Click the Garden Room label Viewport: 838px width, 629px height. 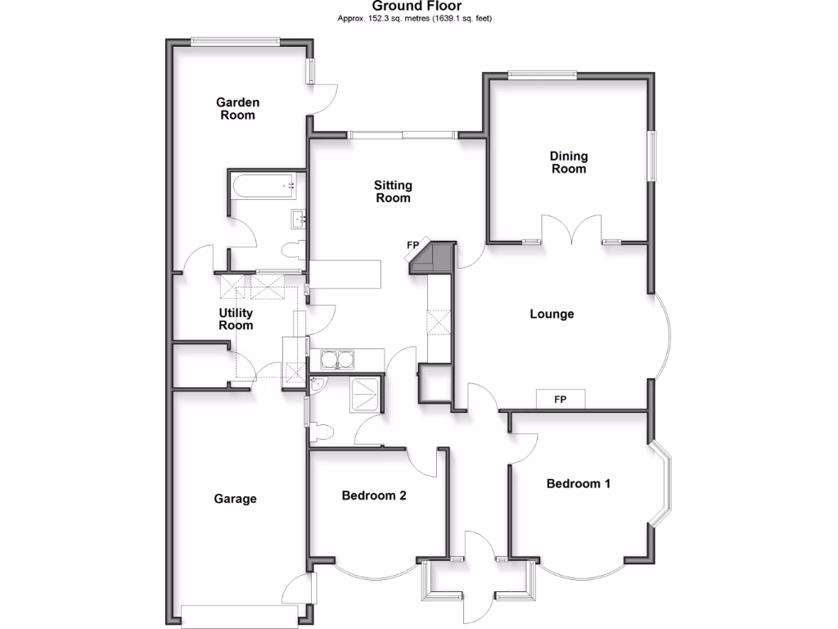[237, 109]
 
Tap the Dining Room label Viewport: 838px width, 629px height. [568, 162]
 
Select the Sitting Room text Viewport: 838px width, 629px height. [393, 192]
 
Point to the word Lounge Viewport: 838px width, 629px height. [552, 314]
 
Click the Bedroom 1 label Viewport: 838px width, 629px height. [579, 483]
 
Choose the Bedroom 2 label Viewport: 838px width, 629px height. [374, 496]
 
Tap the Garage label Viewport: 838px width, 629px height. [235, 499]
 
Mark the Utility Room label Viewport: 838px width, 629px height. [236, 319]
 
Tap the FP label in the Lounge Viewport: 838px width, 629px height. [561, 400]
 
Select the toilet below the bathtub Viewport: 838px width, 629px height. [291, 250]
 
